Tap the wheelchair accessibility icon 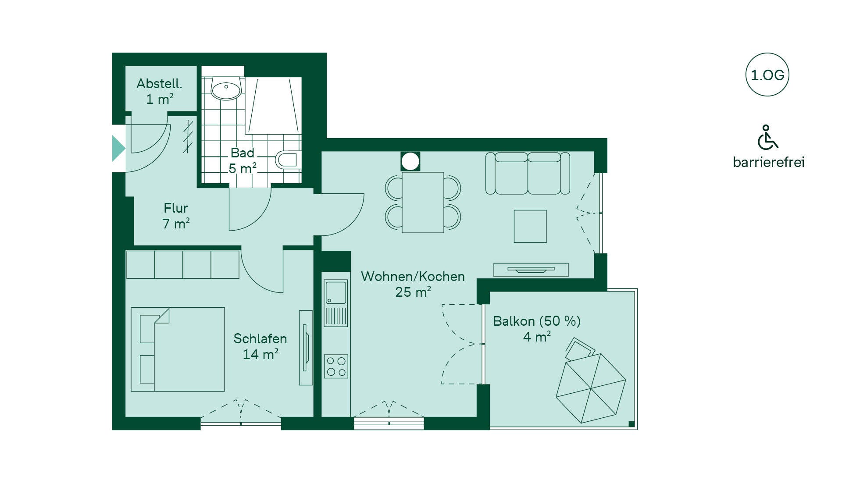(767, 137)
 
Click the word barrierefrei (768, 162)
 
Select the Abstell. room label (159, 83)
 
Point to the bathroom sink (226, 89)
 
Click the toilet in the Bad (288, 160)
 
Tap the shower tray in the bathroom (273, 106)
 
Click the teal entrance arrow (118, 149)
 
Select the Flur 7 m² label (176, 216)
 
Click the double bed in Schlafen (178, 349)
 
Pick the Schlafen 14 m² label (260, 346)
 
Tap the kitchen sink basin (336, 293)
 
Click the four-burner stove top (336, 366)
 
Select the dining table (423, 202)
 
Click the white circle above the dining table (410, 161)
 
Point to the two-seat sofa (528, 173)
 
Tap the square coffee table (530, 226)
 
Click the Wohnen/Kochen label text (413, 277)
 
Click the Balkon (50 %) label (537, 321)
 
